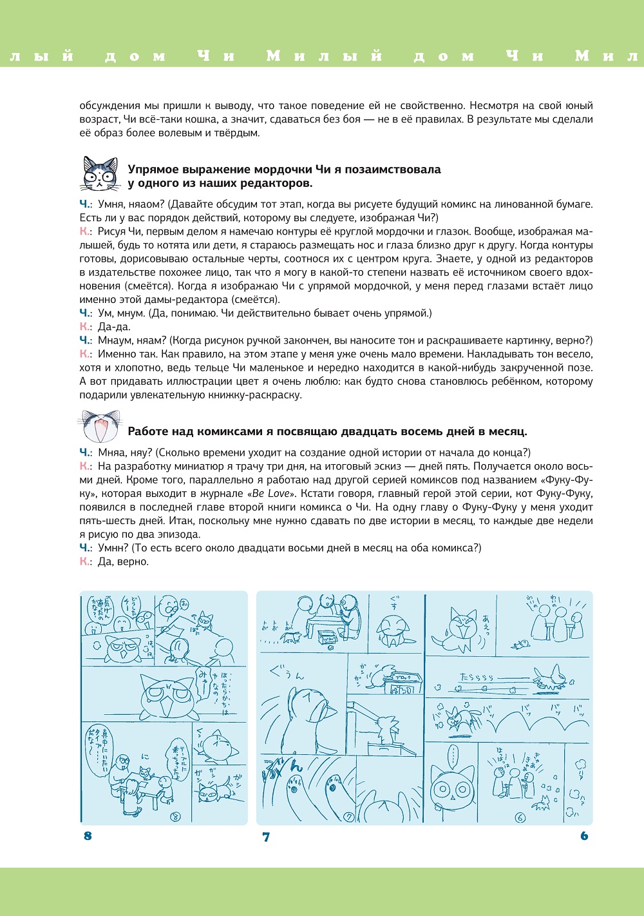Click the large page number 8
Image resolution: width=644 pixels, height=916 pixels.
click(x=88, y=836)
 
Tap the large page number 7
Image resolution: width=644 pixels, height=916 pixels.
click(x=266, y=837)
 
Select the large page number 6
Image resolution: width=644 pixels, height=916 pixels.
click(x=584, y=836)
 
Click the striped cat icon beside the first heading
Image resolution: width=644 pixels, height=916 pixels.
click(x=100, y=173)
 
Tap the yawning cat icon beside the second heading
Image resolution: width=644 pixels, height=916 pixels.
click(x=100, y=426)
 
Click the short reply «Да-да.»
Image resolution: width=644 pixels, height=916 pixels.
click(x=114, y=327)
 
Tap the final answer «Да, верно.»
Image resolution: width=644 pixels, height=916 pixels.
click(x=123, y=561)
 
